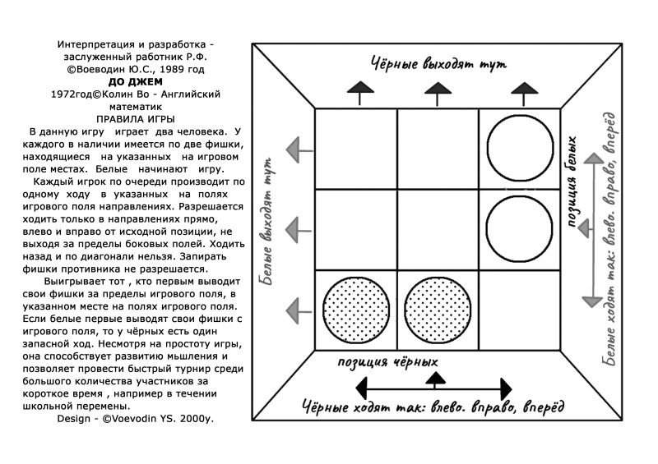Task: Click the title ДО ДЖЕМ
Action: click(x=136, y=82)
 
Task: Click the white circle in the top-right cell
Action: click(x=519, y=148)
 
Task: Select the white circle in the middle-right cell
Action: click(x=519, y=229)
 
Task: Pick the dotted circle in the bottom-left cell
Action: click(x=355, y=310)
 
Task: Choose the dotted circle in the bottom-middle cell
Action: click(x=437, y=310)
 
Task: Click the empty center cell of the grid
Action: click(x=438, y=229)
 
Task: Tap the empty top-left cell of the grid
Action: click(x=355, y=148)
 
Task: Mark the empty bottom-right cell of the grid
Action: click(x=519, y=310)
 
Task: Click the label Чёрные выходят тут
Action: click(x=438, y=63)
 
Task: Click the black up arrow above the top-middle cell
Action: click(x=438, y=90)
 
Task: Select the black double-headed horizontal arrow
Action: click(x=437, y=388)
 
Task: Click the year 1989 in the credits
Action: click(x=178, y=70)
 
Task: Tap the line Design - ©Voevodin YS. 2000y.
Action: click(x=135, y=418)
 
